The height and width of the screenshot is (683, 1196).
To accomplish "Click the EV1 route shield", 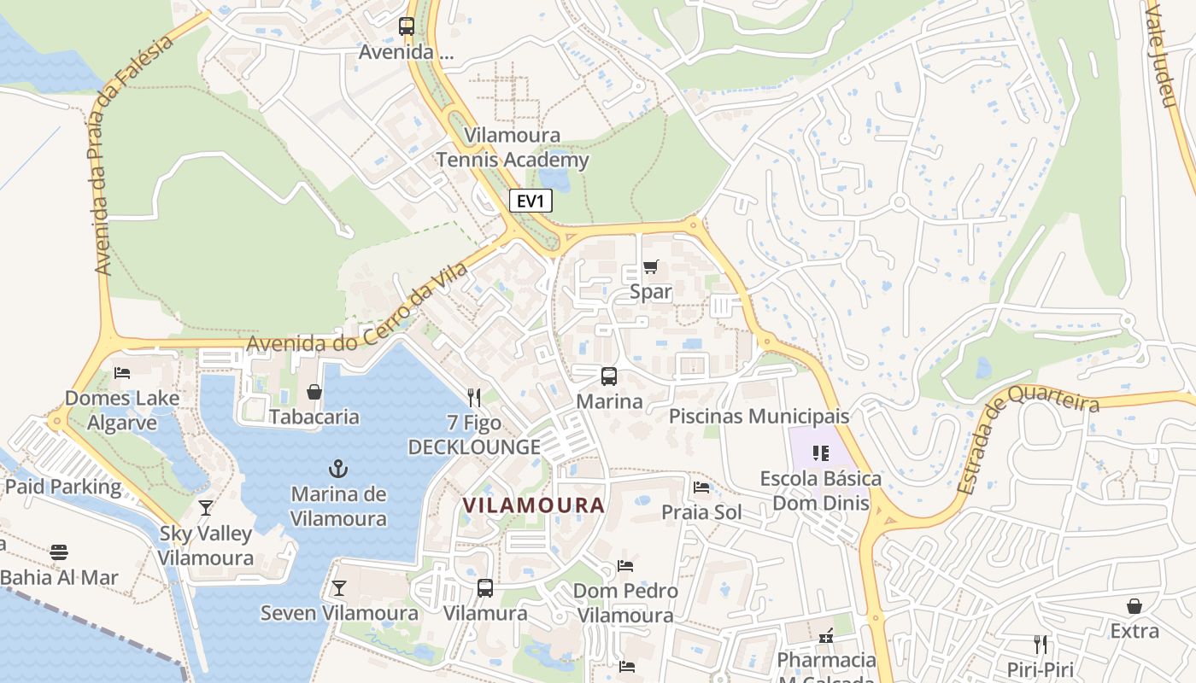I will tap(531, 201).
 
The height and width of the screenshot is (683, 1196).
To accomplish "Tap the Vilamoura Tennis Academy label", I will tap(513, 148).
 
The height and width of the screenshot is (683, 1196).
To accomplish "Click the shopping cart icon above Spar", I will tap(651, 267).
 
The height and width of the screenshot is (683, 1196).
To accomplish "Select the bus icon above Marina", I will tap(608, 376).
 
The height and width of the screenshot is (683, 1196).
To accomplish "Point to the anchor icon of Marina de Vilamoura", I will tap(339, 469).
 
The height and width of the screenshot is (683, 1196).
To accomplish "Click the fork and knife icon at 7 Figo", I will tap(474, 397).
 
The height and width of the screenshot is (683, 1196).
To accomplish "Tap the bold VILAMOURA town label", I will tap(534, 505).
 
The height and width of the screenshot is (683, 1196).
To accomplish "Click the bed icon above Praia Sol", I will tap(701, 487).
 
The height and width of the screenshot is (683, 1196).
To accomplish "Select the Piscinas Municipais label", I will tap(759, 416).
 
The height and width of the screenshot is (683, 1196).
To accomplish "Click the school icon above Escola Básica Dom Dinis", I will tap(821, 452).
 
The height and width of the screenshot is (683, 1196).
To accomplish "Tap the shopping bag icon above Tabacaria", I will tap(314, 392).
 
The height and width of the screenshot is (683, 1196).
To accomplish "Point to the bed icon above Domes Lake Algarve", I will tap(122, 373).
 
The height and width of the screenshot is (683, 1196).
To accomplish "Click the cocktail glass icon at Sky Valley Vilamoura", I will tap(205, 508).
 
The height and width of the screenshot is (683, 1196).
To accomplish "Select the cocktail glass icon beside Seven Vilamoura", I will tap(339, 587).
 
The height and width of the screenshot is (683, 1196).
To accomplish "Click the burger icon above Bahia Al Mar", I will tap(59, 552).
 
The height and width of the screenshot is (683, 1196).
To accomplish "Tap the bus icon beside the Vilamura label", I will tap(484, 587).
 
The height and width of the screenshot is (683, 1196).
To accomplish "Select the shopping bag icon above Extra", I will tap(1134, 606).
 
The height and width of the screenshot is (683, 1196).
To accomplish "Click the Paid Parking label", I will tap(63, 487).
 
